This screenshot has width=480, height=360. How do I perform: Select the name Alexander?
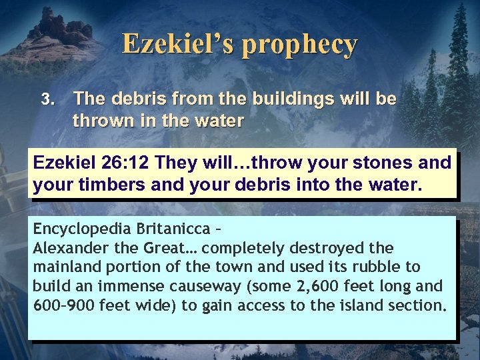[x=66, y=247]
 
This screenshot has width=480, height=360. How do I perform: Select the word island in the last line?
[x=365, y=305]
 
